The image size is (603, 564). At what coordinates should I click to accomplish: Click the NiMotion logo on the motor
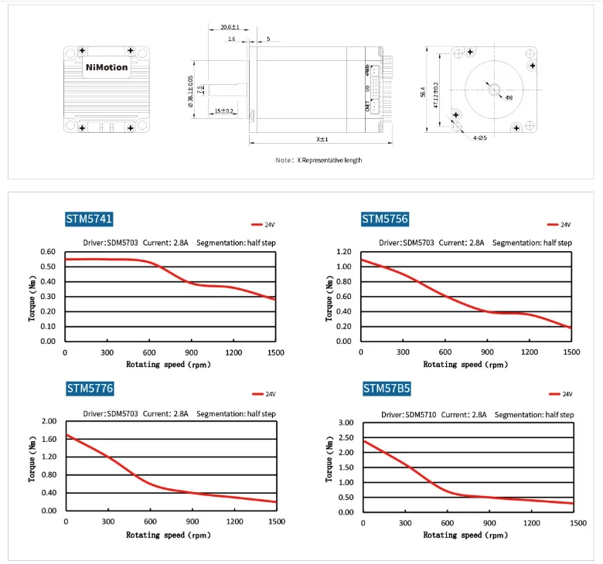point(106,66)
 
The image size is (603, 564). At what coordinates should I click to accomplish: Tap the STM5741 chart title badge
point(90,219)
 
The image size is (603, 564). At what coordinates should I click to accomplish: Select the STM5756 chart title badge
point(385,219)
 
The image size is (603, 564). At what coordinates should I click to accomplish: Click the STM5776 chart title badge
point(90,389)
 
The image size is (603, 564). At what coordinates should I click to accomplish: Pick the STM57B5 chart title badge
point(385,389)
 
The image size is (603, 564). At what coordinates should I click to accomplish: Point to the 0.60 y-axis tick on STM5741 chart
point(49,252)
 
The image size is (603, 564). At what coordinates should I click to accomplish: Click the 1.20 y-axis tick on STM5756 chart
point(345,252)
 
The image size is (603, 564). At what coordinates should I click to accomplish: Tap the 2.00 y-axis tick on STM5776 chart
point(49,422)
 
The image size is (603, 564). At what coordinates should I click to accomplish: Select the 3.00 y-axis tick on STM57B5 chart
point(345,423)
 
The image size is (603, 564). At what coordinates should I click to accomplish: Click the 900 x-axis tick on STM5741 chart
point(191,353)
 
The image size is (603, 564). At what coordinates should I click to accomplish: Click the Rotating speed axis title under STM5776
point(167,534)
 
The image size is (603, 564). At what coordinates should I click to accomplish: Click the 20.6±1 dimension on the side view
point(231,28)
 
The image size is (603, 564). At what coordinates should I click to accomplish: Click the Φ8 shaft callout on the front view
point(509,98)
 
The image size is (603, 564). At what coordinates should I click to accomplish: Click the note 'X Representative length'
point(319,160)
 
